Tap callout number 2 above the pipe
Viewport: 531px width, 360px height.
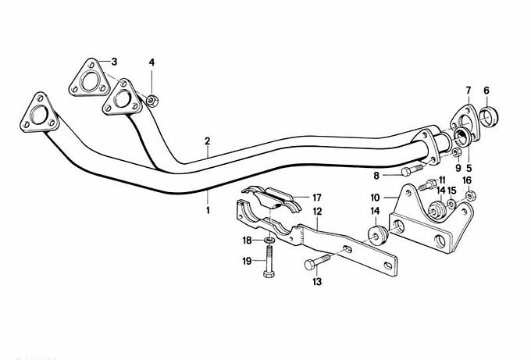208,141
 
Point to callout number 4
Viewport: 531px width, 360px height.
152,62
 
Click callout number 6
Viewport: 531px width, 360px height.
486,90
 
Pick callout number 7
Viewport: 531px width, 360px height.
469,90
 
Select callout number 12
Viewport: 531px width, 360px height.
318,211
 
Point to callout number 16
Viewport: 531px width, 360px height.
467,180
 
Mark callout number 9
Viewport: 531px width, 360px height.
458,167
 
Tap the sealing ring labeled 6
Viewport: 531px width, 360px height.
490,118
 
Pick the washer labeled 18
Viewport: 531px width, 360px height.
268,240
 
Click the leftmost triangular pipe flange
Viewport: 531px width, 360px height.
37,118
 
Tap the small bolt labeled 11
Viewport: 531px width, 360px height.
428,186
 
